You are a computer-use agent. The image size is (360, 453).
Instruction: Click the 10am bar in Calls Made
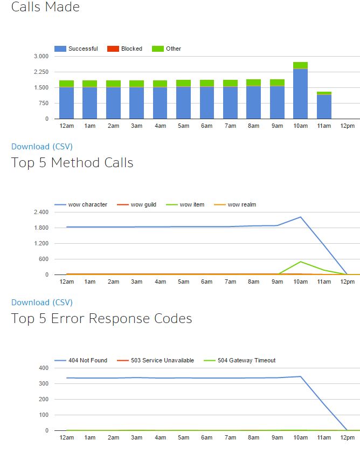(x=300, y=92)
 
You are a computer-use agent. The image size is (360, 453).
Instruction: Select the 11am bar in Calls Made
(x=324, y=106)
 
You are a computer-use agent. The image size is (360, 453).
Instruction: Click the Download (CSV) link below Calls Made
(x=42, y=146)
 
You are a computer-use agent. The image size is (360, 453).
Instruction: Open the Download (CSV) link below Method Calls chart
(x=42, y=302)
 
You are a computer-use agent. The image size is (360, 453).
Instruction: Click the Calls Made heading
(x=45, y=7)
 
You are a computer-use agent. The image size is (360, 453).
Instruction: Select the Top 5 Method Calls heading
(x=72, y=162)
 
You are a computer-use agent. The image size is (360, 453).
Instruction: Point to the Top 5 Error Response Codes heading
(x=101, y=318)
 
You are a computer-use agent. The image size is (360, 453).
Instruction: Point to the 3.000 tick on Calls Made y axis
(x=41, y=56)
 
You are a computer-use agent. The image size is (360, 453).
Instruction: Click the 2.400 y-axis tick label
(x=41, y=212)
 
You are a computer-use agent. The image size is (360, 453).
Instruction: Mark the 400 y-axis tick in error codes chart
(x=43, y=368)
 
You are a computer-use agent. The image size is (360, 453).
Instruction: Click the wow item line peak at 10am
(x=300, y=262)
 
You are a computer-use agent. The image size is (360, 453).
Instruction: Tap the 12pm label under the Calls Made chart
(x=348, y=126)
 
